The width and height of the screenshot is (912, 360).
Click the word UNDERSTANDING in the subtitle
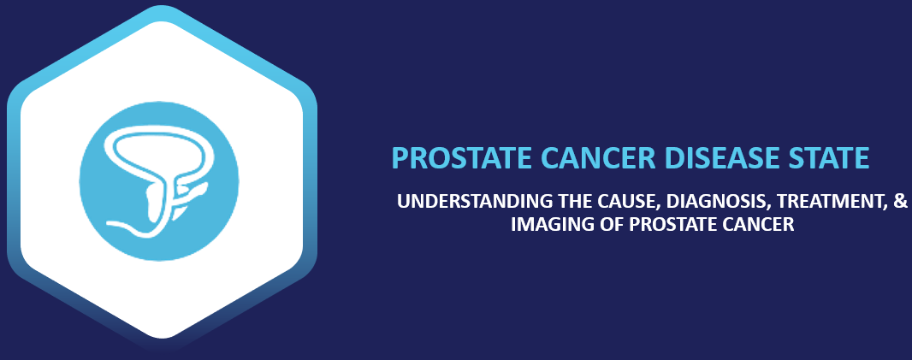(461, 203)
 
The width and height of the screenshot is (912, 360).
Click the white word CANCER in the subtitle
(762, 225)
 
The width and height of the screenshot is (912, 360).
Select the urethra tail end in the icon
(110, 223)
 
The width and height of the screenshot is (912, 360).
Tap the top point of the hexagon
(162, 10)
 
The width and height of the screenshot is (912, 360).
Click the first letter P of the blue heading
(398, 158)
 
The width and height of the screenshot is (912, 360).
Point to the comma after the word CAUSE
(626, 209)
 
